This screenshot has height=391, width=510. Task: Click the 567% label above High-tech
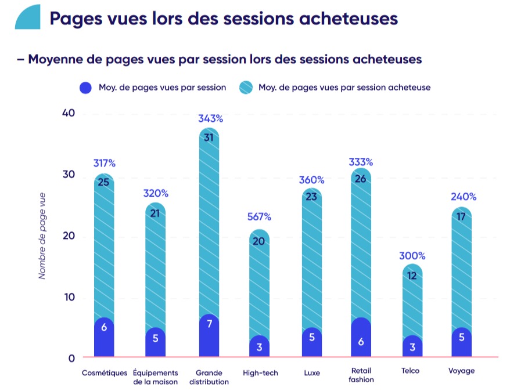(x=258, y=217)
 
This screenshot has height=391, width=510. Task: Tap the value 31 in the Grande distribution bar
(x=209, y=137)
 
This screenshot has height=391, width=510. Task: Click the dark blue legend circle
(x=86, y=88)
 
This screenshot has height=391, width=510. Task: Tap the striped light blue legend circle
(x=245, y=88)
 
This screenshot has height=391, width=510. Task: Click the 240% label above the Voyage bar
(x=463, y=197)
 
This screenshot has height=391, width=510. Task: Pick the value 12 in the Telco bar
(x=412, y=276)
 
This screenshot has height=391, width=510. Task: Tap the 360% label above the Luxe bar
(x=312, y=180)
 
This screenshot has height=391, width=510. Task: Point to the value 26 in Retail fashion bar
(x=361, y=179)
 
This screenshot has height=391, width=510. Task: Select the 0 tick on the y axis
(x=71, y=358)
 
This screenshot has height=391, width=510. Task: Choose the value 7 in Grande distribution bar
(x=209, y=324)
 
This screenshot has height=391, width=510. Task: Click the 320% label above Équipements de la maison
(x=156, y=193)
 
